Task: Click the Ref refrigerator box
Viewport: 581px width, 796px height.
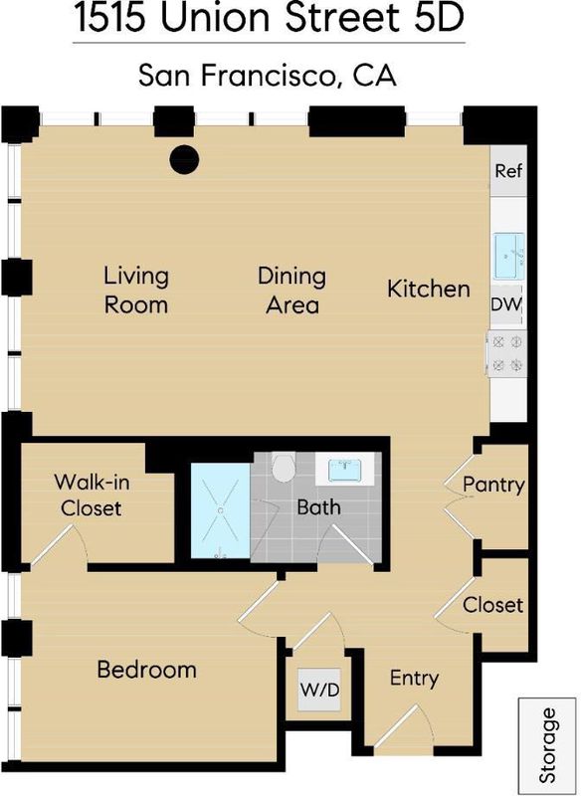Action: pyautogui.click(x=508, y=171)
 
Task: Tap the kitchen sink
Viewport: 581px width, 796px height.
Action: pyautogui.click(x=509, y=256)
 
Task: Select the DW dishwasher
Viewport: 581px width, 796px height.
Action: pyautogui.click(x=506, y=304)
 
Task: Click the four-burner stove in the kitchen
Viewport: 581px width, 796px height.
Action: pyautogui.click(x=507, y=353)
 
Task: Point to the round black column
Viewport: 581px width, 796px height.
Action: pyautogui.click(x=184, y=159)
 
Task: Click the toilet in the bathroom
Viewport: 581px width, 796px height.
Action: pyautogui.click(x=284, y=468)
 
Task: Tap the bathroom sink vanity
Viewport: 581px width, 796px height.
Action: pyautogui.click(x=345, y=469)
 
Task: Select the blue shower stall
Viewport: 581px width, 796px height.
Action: pyautogui.click(x=221, y=510)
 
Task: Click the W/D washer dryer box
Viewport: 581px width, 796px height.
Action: pyautogui.click(x=319, y=690)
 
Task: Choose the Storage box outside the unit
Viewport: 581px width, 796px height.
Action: pyautogui.click(x=548, y=745)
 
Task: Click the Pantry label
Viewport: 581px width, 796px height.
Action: pyautogui.click(x=493, y=485)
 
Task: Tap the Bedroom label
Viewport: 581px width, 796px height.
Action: pyautogui.click(x=146, y=670)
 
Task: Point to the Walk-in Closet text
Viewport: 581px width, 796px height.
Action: pyautogui.click(x=92, y=495)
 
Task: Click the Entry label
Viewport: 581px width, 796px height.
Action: pyautogui.click(x=414, y=679)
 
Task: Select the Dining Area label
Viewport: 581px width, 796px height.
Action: pyautogui.click(x=291, y=291)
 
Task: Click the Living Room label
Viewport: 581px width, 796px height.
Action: pyautogui.click(x=136, y=291)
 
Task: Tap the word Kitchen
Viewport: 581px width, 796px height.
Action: pyautogui.click(x=429, y=289)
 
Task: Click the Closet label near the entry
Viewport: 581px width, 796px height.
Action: pyautogui.click(x=492, y=605)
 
